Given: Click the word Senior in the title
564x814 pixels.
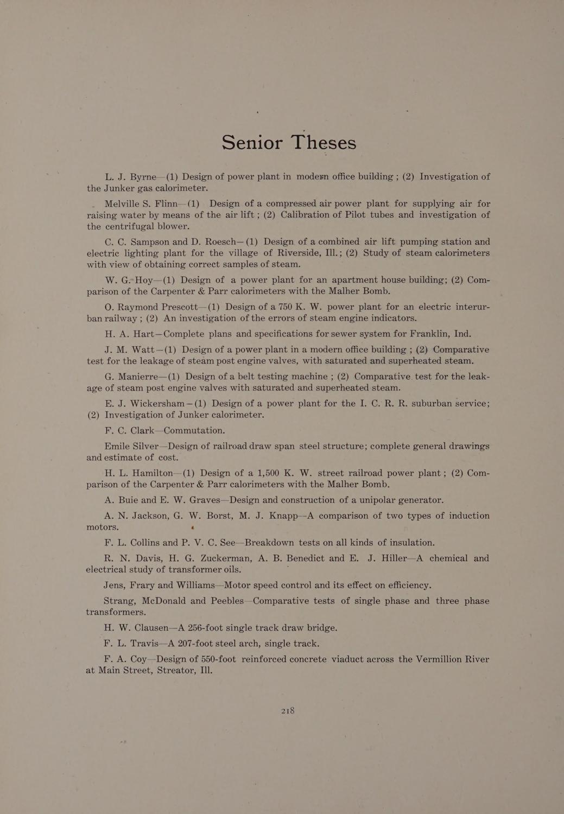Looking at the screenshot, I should coord(252,142).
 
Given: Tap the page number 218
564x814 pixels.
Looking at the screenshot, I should coord(288,710).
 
